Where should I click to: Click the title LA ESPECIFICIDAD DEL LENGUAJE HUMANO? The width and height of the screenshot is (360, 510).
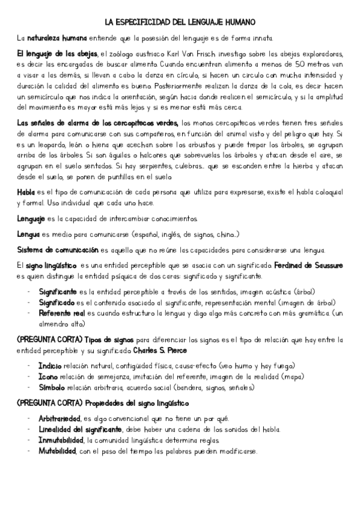180,21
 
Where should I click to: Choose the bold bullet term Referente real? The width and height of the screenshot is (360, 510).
62,314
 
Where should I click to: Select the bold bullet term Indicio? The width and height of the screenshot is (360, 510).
49,365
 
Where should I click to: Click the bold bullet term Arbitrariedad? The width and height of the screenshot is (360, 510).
60,419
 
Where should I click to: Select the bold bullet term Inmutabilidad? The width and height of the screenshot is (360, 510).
59,440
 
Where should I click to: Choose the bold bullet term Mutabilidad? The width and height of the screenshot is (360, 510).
56,451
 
